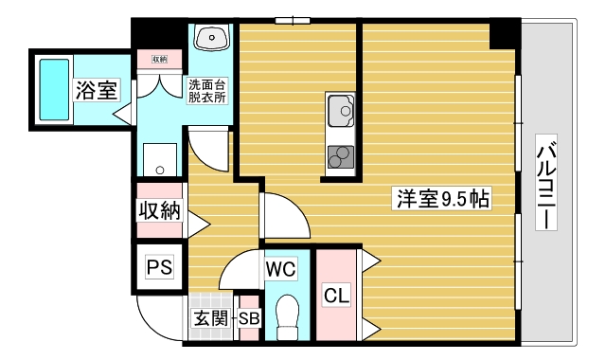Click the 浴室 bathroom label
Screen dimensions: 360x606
[97, 91]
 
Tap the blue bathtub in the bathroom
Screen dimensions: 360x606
[53, 87]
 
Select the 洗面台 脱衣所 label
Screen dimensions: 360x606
[206, 90]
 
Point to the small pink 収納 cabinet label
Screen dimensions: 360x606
[159, 60]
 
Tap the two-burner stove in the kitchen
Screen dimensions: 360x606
[340, 156]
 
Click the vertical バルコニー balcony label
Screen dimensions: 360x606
[546, 185]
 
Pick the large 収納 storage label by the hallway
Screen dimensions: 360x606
[159, 210]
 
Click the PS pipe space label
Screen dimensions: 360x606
[158, 268]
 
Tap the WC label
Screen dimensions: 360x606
[279, 269]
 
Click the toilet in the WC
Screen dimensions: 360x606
[286, 315]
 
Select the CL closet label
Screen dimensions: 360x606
[336, 296]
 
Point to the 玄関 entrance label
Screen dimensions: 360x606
[211, 319]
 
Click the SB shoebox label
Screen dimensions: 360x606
[248, 319]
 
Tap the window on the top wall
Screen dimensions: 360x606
[293, 19]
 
